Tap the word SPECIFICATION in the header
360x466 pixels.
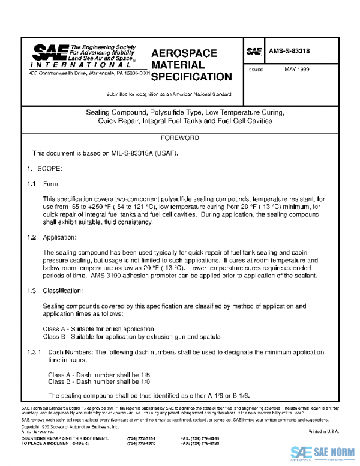(191, 77)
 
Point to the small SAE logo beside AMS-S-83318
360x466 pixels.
(254, 52)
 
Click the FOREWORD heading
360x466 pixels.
(179, 138)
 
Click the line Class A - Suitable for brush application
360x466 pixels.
(98, 329)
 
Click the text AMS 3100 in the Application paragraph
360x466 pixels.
(153, 276)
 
